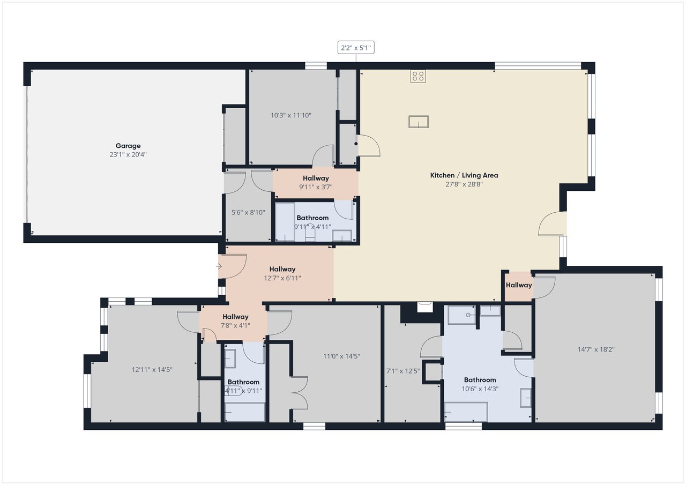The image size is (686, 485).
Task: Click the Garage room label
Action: click(x=128, y=146)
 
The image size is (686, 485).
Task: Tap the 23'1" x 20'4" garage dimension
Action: click(x=128, y=154)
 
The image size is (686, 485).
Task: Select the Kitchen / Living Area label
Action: click(x=464, y=175)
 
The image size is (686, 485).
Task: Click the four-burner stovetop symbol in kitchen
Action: click(x=418, y=76)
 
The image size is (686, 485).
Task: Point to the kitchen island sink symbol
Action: click(x=419, y=122)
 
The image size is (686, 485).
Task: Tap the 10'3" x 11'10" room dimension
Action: click(x=291, y=115)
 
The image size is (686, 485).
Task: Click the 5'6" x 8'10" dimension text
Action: click(x=248, y=212)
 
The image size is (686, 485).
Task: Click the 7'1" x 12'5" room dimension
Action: click(x=403, y=370)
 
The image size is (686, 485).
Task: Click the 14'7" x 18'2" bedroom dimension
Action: click(x=596, y=349)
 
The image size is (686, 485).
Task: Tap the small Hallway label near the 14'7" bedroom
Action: click(x=519, y=285)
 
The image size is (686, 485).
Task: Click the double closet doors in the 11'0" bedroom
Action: click(x=299, y=394)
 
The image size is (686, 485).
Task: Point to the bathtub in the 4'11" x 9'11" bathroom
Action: click(x=244, y=412)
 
